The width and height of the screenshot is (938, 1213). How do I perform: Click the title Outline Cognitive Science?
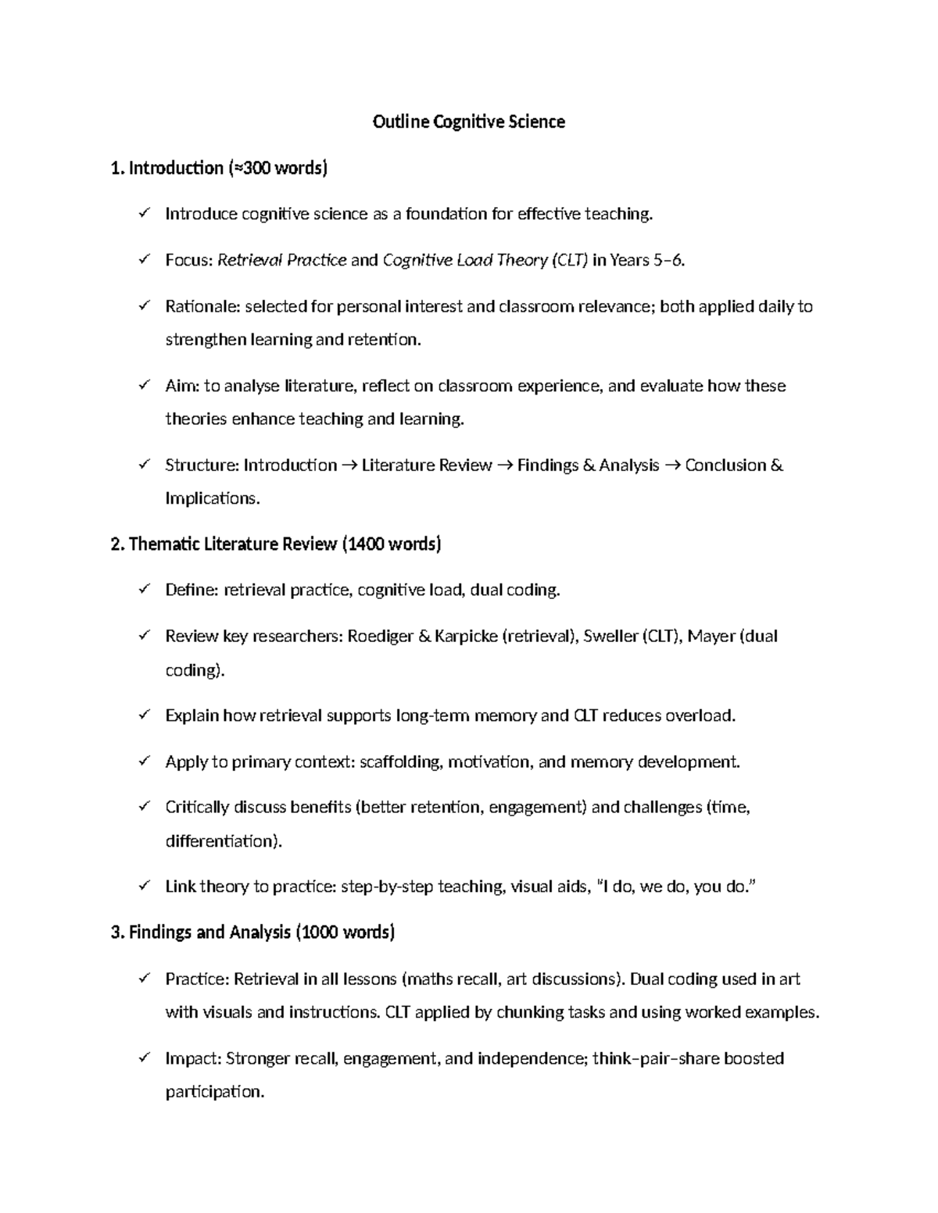click(468, 122)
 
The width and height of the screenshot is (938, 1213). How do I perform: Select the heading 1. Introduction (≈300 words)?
click(220, 168)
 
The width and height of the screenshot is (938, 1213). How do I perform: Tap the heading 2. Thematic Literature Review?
click(276, 544)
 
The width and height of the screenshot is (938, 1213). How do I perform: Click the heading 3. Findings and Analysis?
click(253, 932)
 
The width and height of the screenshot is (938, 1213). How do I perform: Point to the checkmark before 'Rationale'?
click(144, 306)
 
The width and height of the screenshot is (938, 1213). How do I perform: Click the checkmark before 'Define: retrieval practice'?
click(144, 590)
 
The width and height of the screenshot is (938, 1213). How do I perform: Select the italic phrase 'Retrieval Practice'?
click(281, 260)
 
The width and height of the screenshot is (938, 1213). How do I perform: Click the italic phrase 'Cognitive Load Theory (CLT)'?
click(485, 260)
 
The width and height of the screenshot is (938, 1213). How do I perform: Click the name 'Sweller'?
click(610, 637)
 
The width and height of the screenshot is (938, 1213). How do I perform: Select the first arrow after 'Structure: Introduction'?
click(349, 466)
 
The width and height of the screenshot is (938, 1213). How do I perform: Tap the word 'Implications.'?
click(212, 498)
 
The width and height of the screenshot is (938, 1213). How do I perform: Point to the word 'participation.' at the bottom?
click(215, 1091)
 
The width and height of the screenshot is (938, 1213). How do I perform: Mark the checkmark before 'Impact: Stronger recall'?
click(144, 1058)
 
